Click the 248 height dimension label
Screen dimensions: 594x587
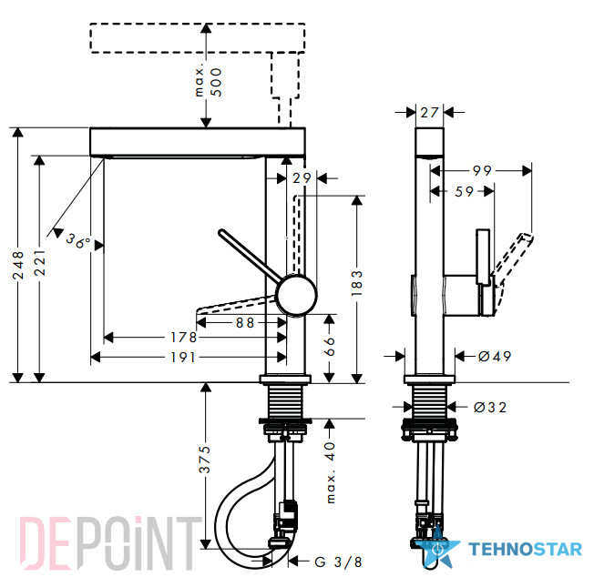coord(18,266)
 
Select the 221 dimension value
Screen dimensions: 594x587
coord(39,262)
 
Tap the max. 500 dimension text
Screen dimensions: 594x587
coord(209,82)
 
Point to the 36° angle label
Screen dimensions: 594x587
coord(78,240)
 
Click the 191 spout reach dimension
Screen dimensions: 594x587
coord(183,358)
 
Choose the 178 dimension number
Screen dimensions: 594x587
coord(184,338)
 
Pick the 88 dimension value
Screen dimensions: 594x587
coord(245,323)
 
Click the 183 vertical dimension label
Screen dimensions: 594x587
coord(357,283)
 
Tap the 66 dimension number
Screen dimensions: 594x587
coord(330,347)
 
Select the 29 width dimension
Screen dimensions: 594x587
coord(302,177)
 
